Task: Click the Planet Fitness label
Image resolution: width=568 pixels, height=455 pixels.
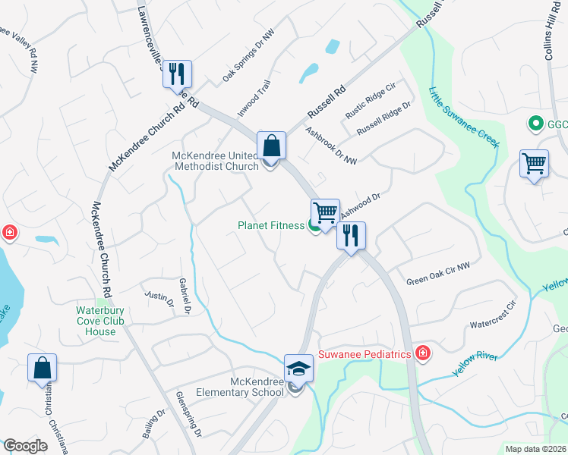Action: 270,225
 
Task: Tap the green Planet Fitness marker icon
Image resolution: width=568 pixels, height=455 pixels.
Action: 314,226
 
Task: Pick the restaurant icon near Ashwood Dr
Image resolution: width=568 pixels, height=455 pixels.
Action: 351,235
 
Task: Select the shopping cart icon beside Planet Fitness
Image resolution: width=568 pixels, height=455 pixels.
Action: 325,212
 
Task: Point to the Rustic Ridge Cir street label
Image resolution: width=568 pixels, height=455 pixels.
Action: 371,102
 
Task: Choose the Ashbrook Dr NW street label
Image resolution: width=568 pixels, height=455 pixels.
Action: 330,144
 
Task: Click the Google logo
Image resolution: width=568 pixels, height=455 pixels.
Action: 26,446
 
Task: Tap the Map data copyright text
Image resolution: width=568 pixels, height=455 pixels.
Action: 535,449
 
